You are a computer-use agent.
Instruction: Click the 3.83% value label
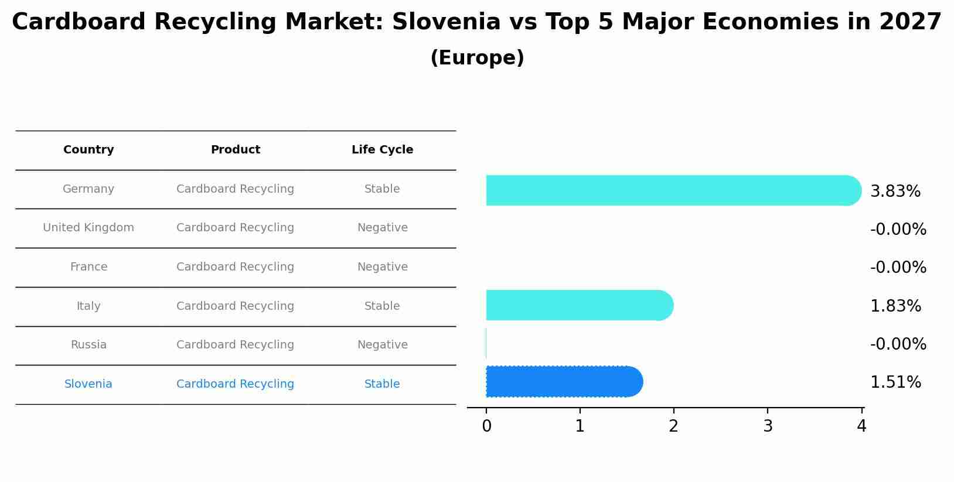coord(895,192)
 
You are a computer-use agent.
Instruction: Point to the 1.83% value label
coord(895,306)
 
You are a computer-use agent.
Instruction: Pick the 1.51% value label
coord(895,382)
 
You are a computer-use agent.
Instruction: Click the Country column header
coord(88,150)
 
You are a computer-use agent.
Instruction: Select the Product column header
coord(235,150)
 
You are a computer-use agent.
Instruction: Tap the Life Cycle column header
coord(382,150)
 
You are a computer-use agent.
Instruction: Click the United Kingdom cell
coord(88,228)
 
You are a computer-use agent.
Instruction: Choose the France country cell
coord(88,267)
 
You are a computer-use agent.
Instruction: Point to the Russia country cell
coord(88,345)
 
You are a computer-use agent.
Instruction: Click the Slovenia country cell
coord(88,384)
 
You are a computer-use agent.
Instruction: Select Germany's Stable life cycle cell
coord(382,189)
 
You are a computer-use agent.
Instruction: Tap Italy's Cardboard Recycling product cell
coord(235,306)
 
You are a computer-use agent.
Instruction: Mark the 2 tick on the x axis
coord(673,426)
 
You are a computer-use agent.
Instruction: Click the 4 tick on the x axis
coord(861,426)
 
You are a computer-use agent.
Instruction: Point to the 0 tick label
coord(486,426)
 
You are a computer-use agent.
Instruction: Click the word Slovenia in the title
coord(446,22)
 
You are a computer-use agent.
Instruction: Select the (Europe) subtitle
coord(477,58)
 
